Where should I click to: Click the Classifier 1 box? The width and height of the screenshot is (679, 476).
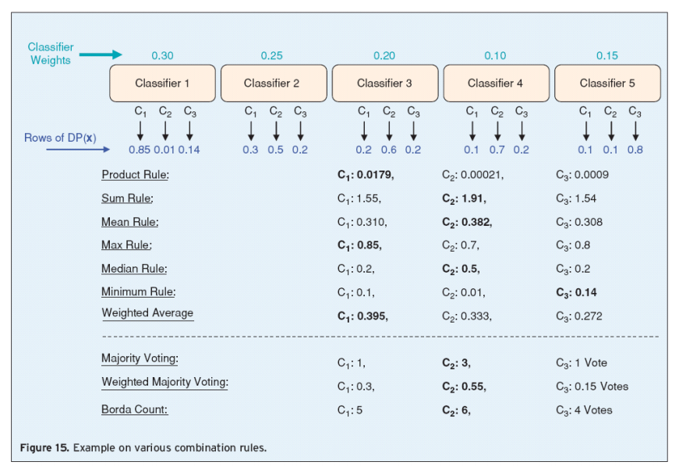pos(162,83)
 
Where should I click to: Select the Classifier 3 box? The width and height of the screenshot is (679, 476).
pos(384,83)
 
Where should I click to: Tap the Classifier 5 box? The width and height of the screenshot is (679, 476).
pos(607,83)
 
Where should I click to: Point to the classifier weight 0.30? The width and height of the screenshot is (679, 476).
pos(162,56)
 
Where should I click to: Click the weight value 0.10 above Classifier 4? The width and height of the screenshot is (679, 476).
pos(495,56)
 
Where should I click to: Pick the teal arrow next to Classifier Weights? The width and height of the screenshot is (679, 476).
pos(101,55)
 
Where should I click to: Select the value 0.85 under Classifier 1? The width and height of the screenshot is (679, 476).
pos(139,150)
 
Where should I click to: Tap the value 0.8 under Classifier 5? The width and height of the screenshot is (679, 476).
pos(635,150)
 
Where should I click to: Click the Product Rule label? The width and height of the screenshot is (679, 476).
pos(135,175)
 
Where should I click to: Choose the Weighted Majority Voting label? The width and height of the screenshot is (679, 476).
pos(164,383)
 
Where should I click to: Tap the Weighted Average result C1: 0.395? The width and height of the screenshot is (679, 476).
pos(362,316)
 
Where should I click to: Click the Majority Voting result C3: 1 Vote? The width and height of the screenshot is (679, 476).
pos(590,363)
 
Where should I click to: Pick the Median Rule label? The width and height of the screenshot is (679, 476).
pos(133,269)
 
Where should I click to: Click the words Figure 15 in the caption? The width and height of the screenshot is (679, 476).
pos(44,448)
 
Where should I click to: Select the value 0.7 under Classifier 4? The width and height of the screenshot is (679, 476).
pos(497,150)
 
